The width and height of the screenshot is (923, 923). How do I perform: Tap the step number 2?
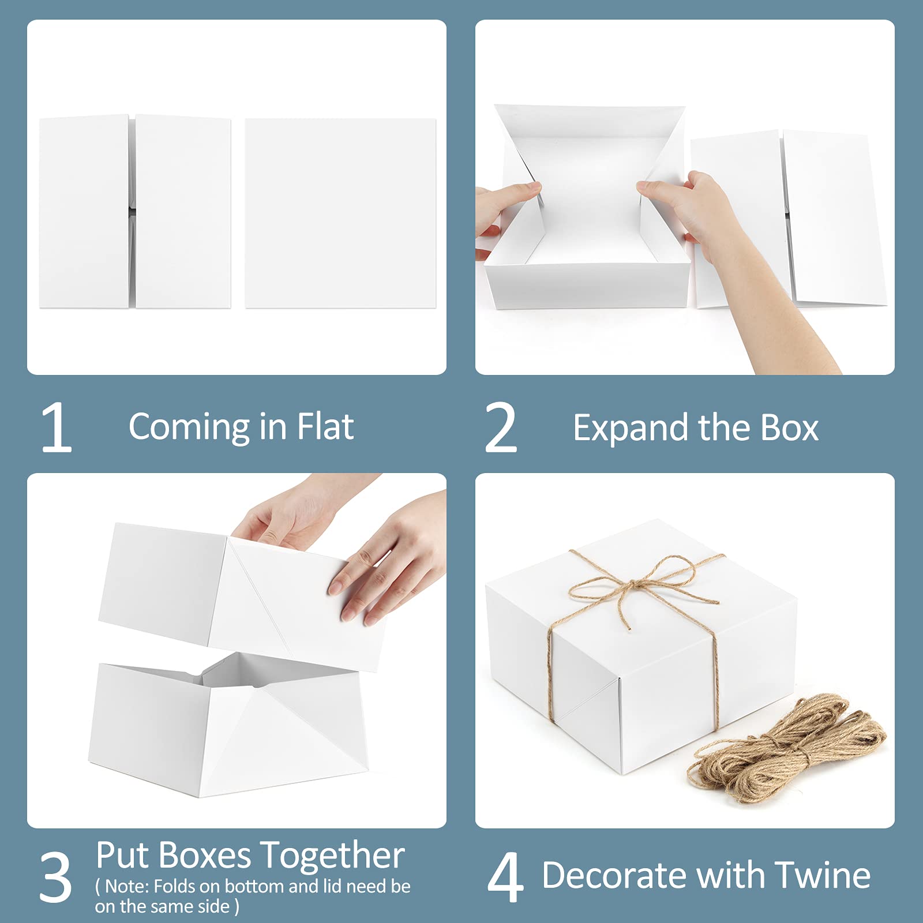501,427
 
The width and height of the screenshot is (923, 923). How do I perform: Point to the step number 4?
505,877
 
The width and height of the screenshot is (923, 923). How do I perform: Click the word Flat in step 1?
325,427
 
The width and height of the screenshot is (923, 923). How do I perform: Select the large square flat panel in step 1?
341,213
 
